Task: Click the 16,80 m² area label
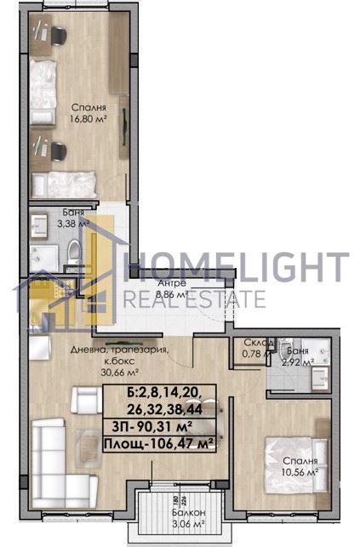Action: pyautogui.click(x=89, y=121)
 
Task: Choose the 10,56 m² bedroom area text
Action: pyautogui.click(x=300, y=471)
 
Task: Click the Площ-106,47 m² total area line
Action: pyautogui.click(x=157, y=443)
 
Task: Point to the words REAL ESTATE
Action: pyautogui.click(x=194, y=299)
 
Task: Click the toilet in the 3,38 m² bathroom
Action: pyautogui.click(x=74, y=248)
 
